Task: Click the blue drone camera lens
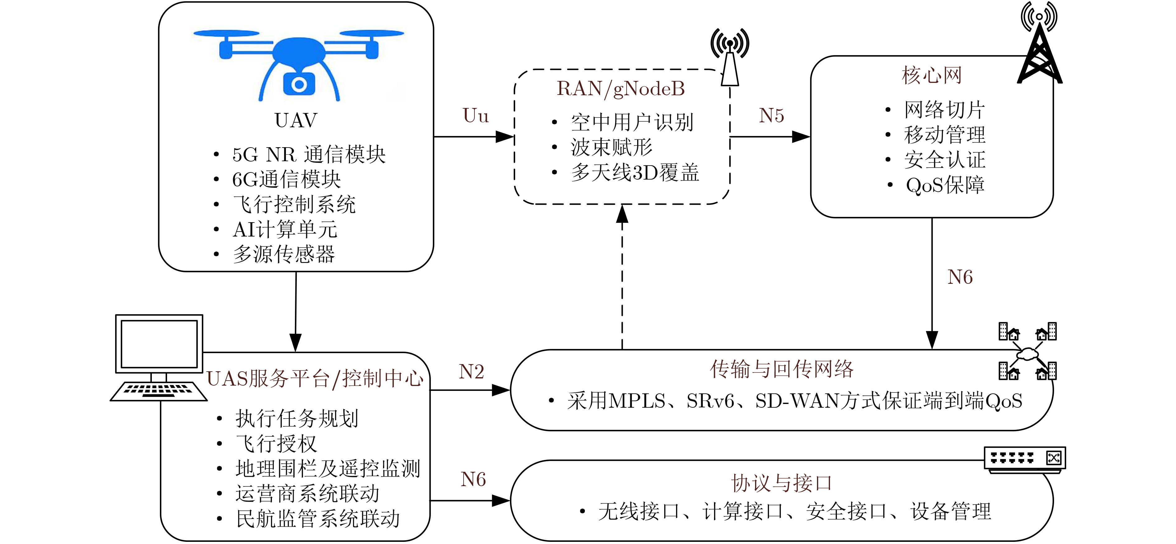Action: click(299, 85)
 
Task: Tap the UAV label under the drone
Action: click(296, 120)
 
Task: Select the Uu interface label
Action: click(476, 115)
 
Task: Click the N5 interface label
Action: click(772, 115)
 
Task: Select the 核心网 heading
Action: click(932, 75)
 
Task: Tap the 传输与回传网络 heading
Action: click(782, 369)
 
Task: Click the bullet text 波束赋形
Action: click(612, 148)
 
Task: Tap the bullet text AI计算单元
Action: click(285, 229)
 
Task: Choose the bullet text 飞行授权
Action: click(276, 443)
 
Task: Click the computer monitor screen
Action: click(159, 344)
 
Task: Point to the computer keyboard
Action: click(158, 391)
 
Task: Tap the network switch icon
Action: click(1025, 459)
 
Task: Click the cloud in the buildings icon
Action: click(1027, 353)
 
